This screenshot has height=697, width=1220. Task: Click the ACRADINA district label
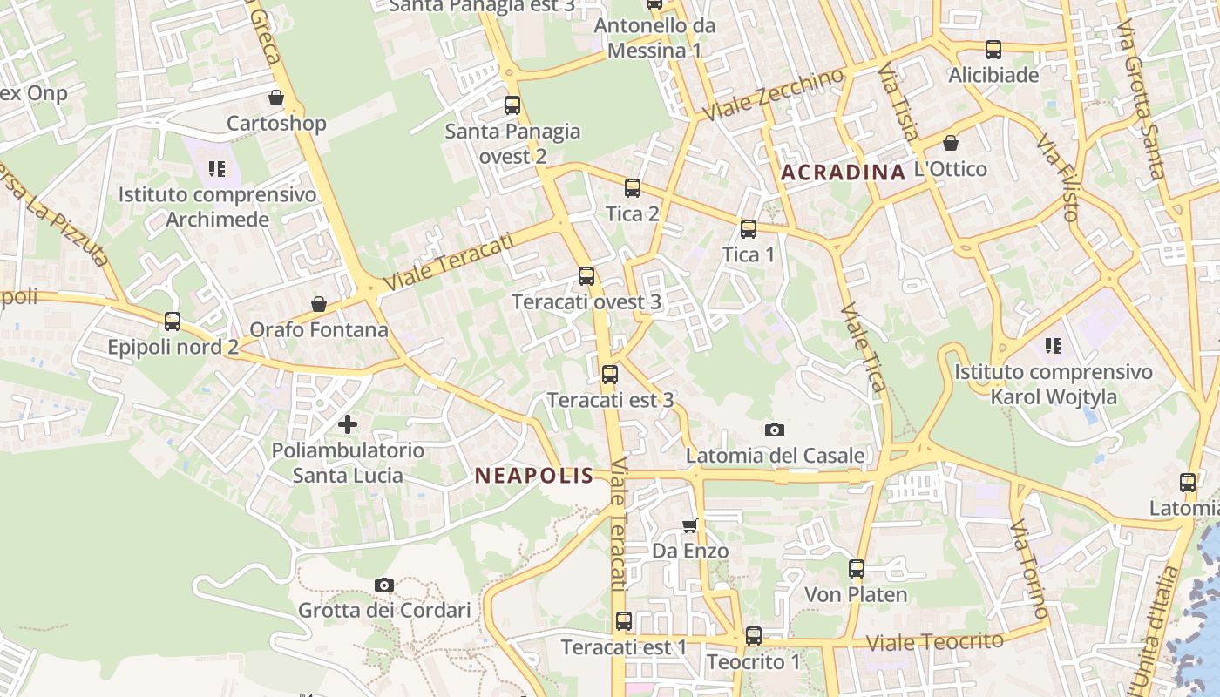coord(843,172)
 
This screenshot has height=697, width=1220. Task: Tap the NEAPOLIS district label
coord(534,476)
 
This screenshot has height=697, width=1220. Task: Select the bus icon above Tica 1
coord(748,229)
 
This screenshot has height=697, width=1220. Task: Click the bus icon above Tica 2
coord(633,188)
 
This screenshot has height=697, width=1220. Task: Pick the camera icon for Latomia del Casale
coord(774,430)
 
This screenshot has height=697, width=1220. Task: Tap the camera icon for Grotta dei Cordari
coord(383,585)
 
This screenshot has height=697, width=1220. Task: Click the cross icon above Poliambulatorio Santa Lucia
coord(348,424)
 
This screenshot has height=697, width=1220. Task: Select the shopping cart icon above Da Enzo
coord(690,525)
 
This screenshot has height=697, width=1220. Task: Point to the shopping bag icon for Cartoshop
coord(276,98)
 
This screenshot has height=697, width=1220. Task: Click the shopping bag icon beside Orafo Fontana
coord(319,304)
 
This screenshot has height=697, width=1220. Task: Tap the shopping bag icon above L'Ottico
coord(951,142)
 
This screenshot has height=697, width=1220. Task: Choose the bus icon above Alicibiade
coord(993,50)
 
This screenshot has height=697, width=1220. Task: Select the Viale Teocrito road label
coord(935,642)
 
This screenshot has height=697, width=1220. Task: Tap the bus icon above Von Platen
coord(857,569)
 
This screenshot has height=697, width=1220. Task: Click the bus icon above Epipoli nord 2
coord(173,321)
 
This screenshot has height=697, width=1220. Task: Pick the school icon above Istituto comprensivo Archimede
coord(217,168)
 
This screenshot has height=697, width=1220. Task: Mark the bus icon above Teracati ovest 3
coord(586,276)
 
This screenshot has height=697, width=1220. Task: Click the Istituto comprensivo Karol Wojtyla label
coord(1053,384)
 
